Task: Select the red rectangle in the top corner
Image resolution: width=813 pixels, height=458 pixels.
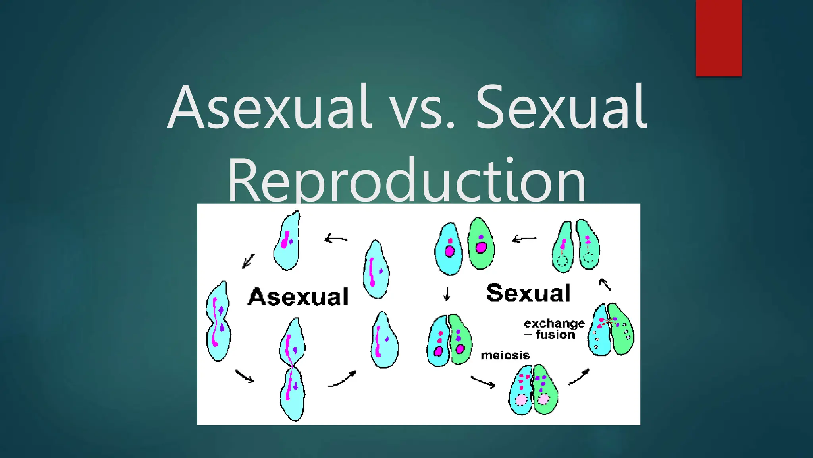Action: (719, 38)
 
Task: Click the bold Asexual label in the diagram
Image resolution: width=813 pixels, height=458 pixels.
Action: (298, 297)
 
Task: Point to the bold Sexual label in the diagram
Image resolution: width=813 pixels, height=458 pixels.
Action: (528, 293)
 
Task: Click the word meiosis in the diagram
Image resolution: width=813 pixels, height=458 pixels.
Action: (505, 355)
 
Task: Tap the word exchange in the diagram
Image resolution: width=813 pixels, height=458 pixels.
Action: (554, 323)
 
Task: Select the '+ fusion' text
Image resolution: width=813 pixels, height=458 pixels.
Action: (550, 335)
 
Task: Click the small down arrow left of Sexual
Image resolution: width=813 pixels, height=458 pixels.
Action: (447, 293)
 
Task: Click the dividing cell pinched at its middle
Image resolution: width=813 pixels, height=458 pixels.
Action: (293, 369)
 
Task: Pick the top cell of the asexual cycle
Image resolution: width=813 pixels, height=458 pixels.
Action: (287, 241)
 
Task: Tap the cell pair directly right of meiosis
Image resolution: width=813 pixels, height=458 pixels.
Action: (533, 390)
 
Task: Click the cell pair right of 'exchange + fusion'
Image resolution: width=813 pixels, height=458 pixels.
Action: (611, 329)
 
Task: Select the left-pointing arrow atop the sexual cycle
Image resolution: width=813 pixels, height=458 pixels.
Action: (524, 239)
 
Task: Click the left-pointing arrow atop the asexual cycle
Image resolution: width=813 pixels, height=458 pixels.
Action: (336, 239)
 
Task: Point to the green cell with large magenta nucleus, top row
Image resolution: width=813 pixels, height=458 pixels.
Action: (481, 243)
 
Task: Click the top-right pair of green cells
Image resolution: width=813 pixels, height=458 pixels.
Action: (576, 246)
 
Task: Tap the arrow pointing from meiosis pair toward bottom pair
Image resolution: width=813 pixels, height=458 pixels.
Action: (483, 382)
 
